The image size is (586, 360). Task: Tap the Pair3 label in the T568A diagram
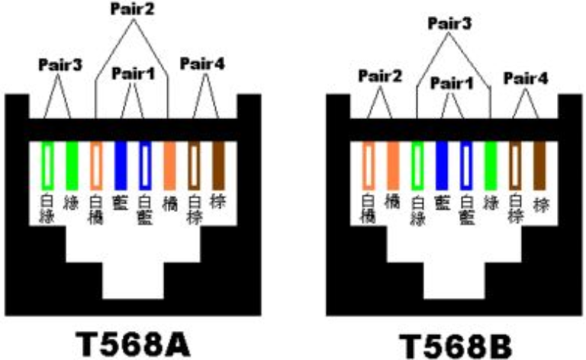pos(60,65)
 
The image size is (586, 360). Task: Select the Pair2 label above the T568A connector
pos(132,9)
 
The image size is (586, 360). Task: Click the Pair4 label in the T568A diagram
pos(202,63)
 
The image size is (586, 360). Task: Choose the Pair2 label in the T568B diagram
pos(379,76)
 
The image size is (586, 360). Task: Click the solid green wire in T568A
pos(72,165)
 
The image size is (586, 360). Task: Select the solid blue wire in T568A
pos(120,165)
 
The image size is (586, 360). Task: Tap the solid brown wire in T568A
pos(218,165)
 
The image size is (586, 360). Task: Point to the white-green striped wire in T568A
pos(47,165)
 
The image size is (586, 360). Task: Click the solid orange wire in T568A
pos(169,165)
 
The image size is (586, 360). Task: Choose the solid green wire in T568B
pos(491,165)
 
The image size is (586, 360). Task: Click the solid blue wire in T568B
pos(442,165)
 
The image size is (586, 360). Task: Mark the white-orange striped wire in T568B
pos(369,165)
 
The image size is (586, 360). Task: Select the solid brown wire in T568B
pos(539,165)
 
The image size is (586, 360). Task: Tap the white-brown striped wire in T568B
pos(515,165)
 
